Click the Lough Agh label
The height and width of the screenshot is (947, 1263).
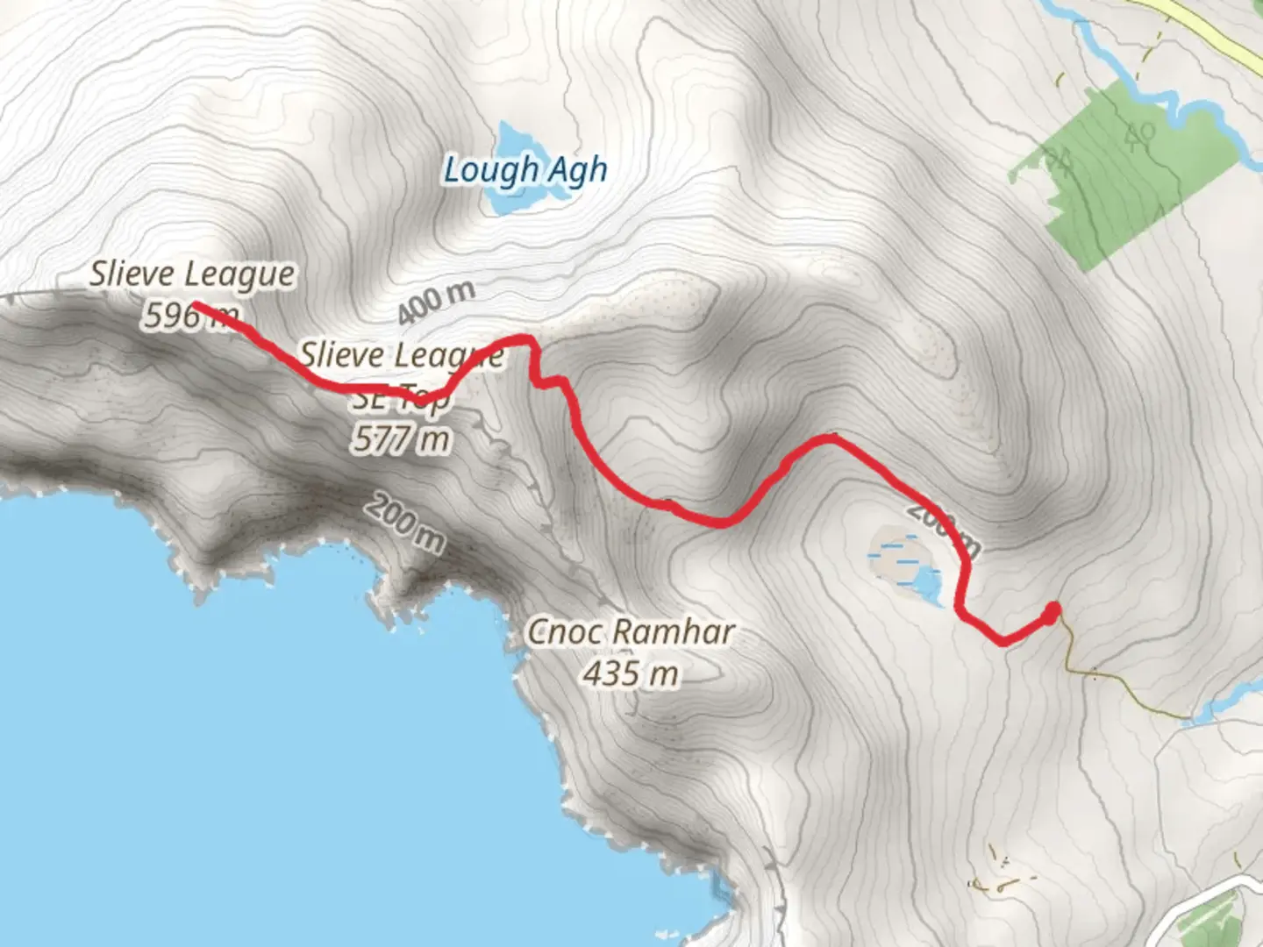pyautogui.click(x=524, y=170)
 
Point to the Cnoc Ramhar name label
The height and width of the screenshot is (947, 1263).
pyautogui.click(x=630, y=632)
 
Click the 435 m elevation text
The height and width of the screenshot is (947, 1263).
pyautogui.click(x=630, y=674)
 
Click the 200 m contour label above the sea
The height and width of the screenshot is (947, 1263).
pyautogui.click(x=404, y=523)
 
